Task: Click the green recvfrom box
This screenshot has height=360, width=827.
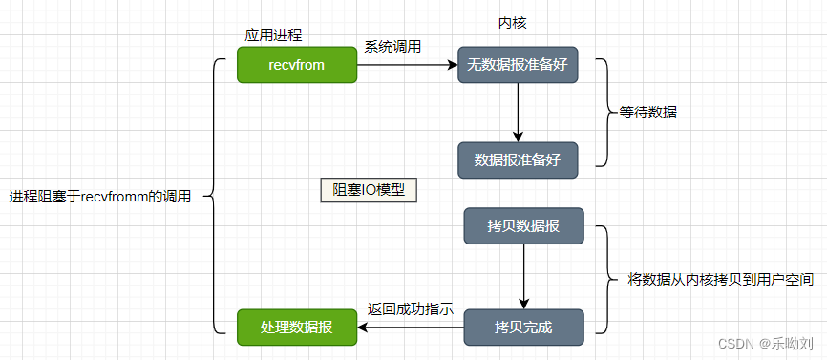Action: tap(297, 65)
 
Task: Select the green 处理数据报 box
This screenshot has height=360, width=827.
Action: tap(297, 327)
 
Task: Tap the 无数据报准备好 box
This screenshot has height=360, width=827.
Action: tap(517, 65)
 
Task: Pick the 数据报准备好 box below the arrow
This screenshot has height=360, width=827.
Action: tap(517, 159)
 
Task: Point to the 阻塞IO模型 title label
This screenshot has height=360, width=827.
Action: tap(369, 190)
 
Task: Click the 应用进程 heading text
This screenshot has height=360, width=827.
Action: tap(273, 34)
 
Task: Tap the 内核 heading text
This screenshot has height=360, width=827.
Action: tap(513, 22)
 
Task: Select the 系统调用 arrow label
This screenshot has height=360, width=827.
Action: tap(392, 46)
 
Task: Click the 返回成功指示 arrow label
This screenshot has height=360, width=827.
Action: tap(410, 309)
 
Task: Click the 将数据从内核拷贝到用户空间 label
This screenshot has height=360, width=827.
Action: tap(721, 280)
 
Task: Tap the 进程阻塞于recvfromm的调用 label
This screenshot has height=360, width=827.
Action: tap(100, 197)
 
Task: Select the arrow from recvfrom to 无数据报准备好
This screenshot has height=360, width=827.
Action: tap(406, 65)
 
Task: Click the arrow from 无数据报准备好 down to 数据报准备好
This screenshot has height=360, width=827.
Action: tap(517, 112)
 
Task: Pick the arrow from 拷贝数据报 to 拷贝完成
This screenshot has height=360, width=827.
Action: tap(524, 276)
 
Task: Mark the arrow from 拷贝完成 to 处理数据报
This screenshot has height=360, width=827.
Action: tap(411, 327)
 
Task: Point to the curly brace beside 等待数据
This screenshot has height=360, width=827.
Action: tap(603, 112)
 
